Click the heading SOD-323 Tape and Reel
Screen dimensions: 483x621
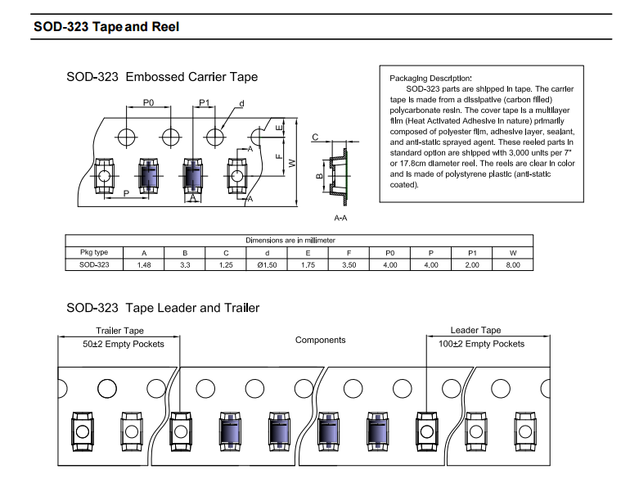tap(106, 27)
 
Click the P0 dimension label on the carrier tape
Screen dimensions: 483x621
tap(148, 103)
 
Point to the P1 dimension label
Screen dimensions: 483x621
tap(205, 103)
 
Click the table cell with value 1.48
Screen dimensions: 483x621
tap(144, 265)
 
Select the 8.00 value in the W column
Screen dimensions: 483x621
tap(513, 265)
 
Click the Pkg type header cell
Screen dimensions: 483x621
tap(94, 253)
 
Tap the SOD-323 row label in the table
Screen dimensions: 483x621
tap(94, 265)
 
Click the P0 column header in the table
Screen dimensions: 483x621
tap(390, 253)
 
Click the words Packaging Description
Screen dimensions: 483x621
tap(430, 77)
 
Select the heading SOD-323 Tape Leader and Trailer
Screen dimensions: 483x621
tap(163, 308)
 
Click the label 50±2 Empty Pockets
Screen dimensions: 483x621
tap(124, 344)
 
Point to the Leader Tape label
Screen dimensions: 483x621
tap(475, 330)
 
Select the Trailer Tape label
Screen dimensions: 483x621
tap(119, 331)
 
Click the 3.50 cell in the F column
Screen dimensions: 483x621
tap(349, 265)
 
